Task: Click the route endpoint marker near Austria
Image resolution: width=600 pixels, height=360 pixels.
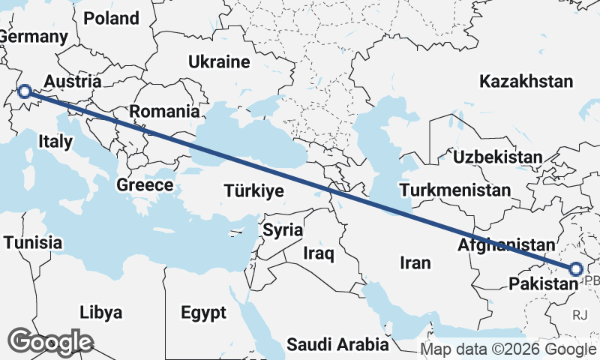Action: (x=24, y=91)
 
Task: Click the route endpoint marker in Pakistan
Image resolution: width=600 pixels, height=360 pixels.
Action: (x=575, y=269)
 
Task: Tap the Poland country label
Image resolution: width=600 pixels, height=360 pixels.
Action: (x=111, y=18)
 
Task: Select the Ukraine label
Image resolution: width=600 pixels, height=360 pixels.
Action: (x=219, y=61)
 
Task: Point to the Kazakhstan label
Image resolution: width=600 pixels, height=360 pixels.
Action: (x=528, y=80)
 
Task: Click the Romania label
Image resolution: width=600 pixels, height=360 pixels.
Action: (x=165, y=112)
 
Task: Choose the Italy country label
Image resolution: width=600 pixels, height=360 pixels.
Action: (x=55, y=141)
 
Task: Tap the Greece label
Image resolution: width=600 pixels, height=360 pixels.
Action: (x=145, y=184)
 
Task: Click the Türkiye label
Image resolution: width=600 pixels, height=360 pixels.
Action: (x=253, y=191)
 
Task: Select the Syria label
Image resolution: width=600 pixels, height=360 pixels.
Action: (x=283, y=230)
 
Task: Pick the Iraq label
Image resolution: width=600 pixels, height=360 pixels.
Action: (x=318, y=254)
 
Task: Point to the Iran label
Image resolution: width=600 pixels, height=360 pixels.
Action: (x=415, y=262)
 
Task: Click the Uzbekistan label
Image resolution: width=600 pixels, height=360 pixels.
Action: (x=497, y=157)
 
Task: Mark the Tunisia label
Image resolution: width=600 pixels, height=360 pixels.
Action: (x=33, y=242)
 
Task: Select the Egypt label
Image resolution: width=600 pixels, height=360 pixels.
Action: (x=203, y=311)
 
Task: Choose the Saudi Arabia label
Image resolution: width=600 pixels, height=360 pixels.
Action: (x=337, y=344)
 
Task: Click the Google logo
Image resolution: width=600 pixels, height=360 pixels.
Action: (x=50, y=342)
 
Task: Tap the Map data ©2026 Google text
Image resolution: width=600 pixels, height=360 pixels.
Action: (x=508, y=349)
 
